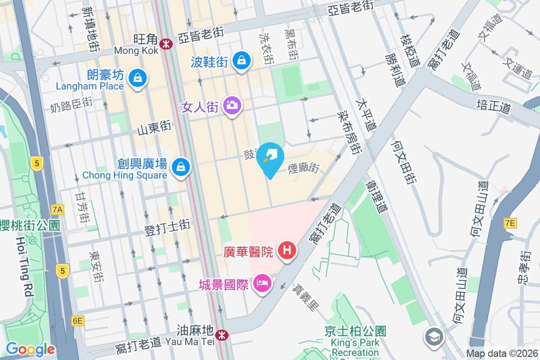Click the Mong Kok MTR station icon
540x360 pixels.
pyautogui.click(x=166, y=44)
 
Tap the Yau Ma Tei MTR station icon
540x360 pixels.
pyautogui.click(x=221, y=335)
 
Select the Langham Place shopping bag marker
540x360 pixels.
pyautogui.click(x=137, y=77)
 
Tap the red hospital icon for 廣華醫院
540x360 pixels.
pyautogui.click(x=287, y=250)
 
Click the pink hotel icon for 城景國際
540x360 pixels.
pyautogui.click(x=261, y=283)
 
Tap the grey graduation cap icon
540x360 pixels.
pyautogui.click(x=434, y=336)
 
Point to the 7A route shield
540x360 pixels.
pyautogui.click(x=58, y=209)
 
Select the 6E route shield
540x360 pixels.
pyautogui.click(x=77, y=320)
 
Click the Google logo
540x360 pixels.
pyautogui.click(x=30, y=349)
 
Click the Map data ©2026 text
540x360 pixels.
pyautogui.click(x=502, y=354)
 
